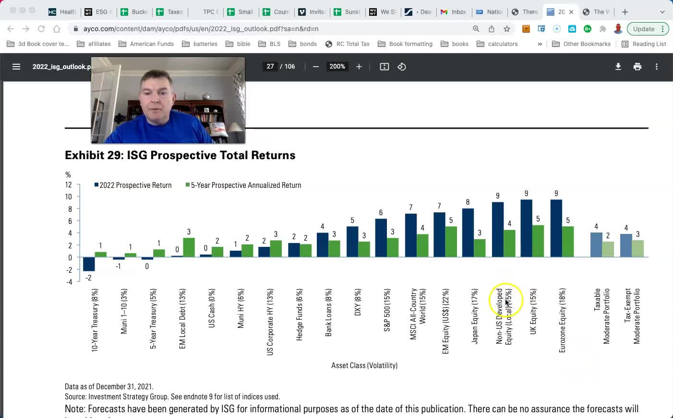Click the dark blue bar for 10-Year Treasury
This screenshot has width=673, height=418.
pyautogui.click(x=89, y=264)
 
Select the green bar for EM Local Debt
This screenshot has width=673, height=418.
pyautogui.click(x=189, y=247)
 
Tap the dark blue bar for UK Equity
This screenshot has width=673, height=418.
pyautogui.click(x=526, y=228)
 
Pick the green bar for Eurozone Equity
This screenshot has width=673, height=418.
pyautogui.click(x=568, y=242)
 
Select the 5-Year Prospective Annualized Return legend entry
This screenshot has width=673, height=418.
pyautogui.click(x=243, y=186)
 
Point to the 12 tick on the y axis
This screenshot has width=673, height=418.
pyautogui.click(x=69, y=185)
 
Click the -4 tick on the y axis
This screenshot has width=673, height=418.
pyautogui.click(x=69, y=282)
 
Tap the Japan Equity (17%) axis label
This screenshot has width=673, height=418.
pyautogui.click(x=475, y=316)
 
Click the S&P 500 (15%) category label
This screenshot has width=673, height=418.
pyautogui.click(x=387, y=310)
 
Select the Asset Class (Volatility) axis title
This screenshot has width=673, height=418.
pyautogui.click(x=364, y=365)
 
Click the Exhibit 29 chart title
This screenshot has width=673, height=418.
pyautogui.click(x=180, y=155)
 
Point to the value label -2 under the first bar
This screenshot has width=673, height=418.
pyautogui.click(x=88, y=278)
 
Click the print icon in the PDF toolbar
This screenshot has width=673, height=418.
pyautogui.click(x=637, y=67)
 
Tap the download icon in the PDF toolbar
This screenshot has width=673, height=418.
pyautogui.click(x=618, y=67)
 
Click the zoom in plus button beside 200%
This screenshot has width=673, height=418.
pyautogui.click(x=359, y=67)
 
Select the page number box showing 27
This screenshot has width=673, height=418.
pyautogui.click(x=270, y=67)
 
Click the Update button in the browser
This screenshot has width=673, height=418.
pyautogui.click(x=644, y=29)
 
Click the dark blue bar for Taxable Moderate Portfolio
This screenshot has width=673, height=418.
pyautogui.click(x=596, y=245)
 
